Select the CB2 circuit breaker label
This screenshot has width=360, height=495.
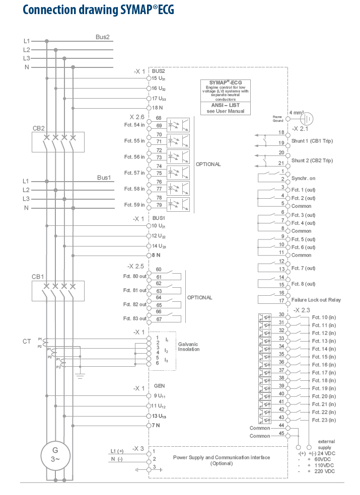pos(39,128)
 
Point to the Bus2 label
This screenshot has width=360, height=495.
pos(103,37)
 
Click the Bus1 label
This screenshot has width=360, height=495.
pos(103,178)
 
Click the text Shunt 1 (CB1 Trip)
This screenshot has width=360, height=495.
pos(312,141)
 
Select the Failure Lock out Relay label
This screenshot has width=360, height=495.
pos(316,300)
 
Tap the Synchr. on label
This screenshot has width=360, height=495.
pos(304,179)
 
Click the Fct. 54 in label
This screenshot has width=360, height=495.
pos(134,124)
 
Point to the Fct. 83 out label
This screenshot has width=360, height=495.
pos(135,318)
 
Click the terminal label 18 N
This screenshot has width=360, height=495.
pos(158,108)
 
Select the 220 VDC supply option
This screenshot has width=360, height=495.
pos(323,471)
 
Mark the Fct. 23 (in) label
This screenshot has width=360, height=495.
pos(323,420)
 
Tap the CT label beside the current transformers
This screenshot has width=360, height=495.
pos(27,342)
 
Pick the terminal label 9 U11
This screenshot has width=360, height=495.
pos(159,395)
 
